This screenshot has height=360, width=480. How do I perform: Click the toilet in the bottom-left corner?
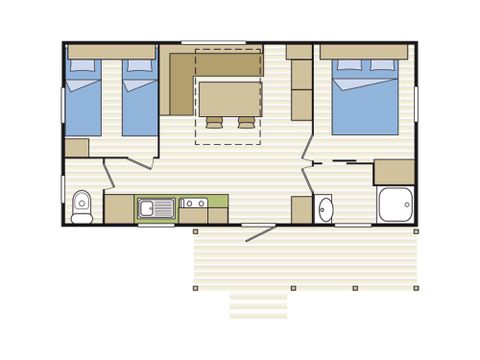tap(83, 204)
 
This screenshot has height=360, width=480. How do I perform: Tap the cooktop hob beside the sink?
tap(193, 208)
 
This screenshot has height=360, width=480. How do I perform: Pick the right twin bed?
tap(139, 98)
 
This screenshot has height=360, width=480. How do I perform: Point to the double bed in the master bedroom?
tap(363, 98)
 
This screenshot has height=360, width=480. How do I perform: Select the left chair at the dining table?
tap(213, 122)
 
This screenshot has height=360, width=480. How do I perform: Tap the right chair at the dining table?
tap(244, 122)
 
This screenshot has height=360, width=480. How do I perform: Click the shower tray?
tap(394, 205)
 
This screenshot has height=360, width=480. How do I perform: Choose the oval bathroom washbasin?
tap(325, 208)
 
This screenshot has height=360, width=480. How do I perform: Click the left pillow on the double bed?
tap(349, 66)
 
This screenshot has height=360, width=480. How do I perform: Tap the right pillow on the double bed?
tap(382, 66)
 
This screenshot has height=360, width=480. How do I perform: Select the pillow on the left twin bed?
tap(82, 66)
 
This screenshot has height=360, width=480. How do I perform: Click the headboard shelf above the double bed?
tap(363, 51)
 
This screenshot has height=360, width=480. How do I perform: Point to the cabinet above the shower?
tap(394, 171)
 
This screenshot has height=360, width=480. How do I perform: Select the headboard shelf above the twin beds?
tap(110, 50)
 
